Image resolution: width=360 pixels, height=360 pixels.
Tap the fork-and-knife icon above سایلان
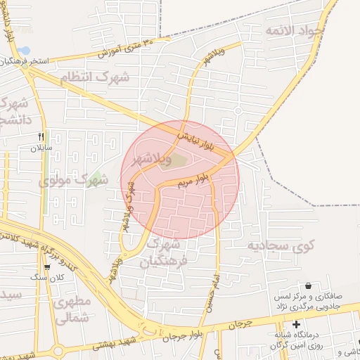41,136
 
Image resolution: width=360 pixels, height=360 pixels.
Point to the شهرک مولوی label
74,180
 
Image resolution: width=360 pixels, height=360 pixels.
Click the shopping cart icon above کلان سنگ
46,266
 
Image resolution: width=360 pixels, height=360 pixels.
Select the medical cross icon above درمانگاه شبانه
296,325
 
